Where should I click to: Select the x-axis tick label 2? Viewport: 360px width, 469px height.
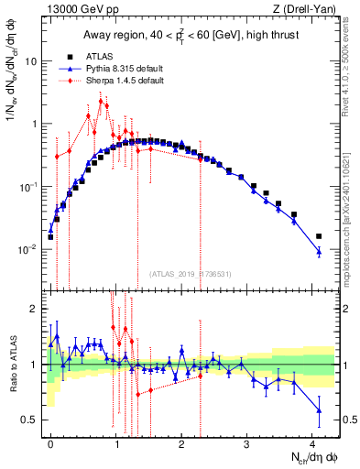pyautogui.click(x=181, y=442)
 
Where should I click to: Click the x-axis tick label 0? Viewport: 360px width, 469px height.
pyautogui.click(x=50, y=442)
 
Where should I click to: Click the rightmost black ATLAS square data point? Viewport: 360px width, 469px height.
pyautogui.click(x=319, y=236)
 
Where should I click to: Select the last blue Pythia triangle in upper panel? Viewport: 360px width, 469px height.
pyautogui.click(x=319, y=251)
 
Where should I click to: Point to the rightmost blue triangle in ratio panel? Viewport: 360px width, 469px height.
pyautogui.click(x=319, y=409)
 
